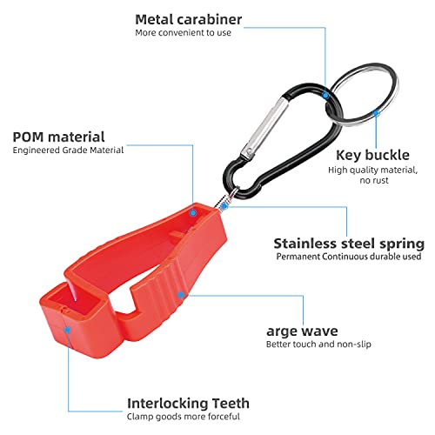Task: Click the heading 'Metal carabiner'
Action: tap(189, 20)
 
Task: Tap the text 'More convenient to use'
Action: tap(183, 33)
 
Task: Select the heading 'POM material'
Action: tap(58, 137)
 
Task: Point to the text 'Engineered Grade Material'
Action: tap(68, 151)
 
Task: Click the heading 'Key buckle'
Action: tap(372, 155)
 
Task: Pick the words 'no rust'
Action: tap(374, 180)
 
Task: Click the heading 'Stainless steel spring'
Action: tap(349, 244)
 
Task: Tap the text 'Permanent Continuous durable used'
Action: tap(349, 257)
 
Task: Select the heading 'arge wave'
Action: tap(302, 331)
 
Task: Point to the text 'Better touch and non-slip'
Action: tap(318, 345)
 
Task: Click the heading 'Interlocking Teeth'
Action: tap(188, 404)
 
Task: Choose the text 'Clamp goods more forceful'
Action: tap(184, 417)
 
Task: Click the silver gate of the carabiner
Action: tap(264, 128)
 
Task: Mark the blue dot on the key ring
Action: tap(376, 113)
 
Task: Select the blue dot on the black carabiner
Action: tap(325, 96)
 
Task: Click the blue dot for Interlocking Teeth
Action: tap(67, 330)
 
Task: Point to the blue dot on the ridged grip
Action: tap(181, 295)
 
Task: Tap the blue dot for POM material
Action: tap(193, 213)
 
